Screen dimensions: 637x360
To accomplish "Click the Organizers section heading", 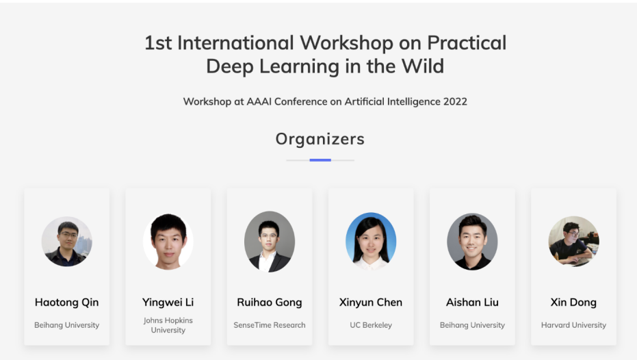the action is [320, 139].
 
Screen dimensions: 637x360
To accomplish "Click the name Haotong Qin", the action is [66, 303].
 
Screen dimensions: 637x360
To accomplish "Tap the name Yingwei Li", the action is [168, 303].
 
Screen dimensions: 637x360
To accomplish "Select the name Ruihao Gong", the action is [270, 303].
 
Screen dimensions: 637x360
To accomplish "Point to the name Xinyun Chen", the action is [371, 303].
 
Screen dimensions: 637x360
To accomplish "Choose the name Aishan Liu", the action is [472, 303].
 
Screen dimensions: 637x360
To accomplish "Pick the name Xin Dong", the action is [573, 303].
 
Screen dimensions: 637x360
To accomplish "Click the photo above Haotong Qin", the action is [66, 242].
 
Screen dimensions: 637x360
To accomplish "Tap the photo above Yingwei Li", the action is [168, 242].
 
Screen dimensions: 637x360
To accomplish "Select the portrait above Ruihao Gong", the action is [270, 242].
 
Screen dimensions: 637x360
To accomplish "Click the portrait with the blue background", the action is [371, 242].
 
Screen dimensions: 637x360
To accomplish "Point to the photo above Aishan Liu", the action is [472, 242].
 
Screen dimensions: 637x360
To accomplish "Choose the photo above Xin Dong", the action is [573, 242].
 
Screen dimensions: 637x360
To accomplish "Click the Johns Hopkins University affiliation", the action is [168, 325].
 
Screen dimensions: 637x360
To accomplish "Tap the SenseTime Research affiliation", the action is [270, 325].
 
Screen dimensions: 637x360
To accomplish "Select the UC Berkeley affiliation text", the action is [371, 325].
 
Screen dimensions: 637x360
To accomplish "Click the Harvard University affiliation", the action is [573, 325].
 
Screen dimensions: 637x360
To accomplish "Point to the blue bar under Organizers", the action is [320, 160].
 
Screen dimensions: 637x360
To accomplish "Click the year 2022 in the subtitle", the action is [455, 101].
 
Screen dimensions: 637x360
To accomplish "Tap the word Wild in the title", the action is [423, 66].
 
